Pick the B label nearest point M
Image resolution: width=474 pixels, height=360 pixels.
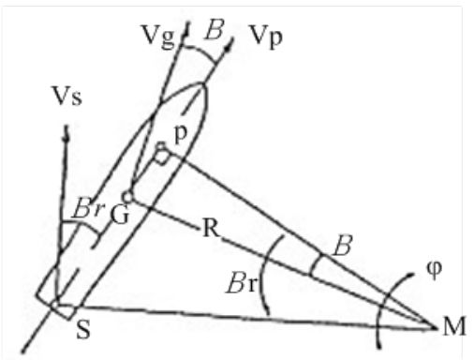coord(342,247)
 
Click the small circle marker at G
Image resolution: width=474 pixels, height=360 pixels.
coord(129,196)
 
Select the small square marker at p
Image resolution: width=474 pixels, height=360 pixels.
coord(162,153)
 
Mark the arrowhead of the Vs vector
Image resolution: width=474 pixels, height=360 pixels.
coord(66,134)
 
